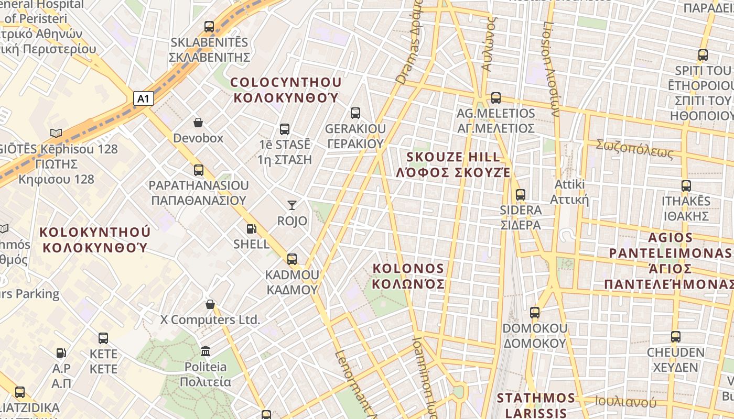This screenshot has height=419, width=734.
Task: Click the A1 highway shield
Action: (144, 98)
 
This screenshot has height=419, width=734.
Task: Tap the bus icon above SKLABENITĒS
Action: (209, 26)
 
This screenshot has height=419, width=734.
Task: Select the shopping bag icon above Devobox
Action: (198, 123)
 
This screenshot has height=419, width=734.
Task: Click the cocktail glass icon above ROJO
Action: (292, 205)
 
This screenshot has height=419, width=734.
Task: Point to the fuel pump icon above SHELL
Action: (252, 228)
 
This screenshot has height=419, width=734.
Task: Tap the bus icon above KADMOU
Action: (292, 259)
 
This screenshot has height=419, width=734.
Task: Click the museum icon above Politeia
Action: (206, 350)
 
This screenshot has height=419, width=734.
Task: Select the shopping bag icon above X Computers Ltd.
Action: (210, 304)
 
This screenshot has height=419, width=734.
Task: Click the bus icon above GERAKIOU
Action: (355, 113)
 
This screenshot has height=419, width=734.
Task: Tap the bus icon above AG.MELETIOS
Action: (496, 97)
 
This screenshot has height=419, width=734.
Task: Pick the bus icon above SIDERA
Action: (521, 194)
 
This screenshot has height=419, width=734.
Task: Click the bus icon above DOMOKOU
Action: (535, 313)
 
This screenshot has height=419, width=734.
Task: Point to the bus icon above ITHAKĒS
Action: (686, 185)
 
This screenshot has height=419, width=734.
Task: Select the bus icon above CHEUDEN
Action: (676, 336)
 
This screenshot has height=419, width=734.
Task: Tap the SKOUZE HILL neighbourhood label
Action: (454, 164)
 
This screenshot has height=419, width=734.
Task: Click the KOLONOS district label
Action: (408, 276)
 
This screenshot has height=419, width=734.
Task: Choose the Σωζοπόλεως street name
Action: (634, 149)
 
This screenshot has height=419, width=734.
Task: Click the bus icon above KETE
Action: (103, 338)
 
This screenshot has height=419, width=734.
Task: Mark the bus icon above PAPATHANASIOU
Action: (198, 170)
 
